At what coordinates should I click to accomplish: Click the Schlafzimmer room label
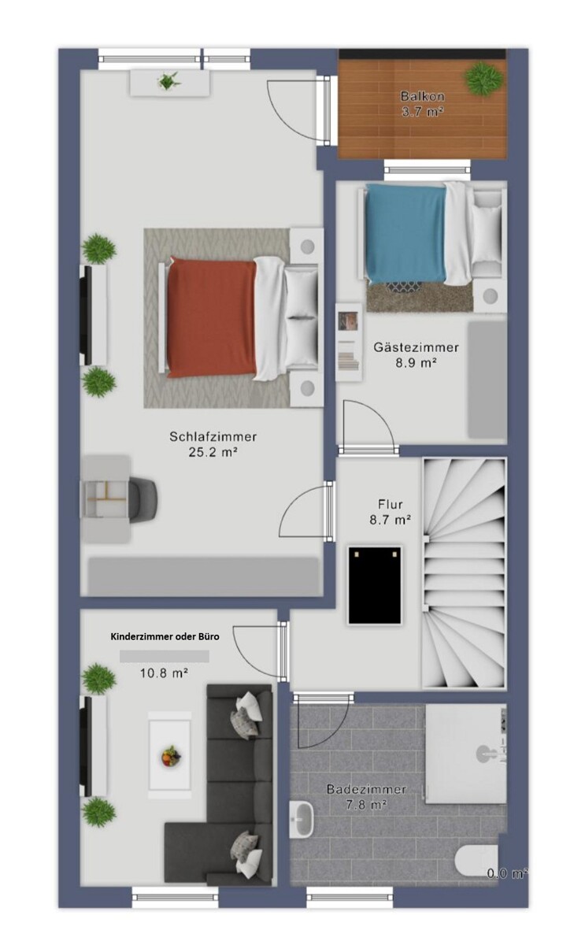pos(213,436)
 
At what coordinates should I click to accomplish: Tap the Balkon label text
pos(422,96)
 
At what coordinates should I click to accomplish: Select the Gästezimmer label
pos(416,347)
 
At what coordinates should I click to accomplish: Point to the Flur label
pos(391,504)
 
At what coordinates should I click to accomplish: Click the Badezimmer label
pos(366,789)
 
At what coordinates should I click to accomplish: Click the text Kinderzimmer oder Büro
pos(165,636)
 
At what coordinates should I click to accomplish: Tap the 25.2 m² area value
pos(213,452)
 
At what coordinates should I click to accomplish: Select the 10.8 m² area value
pos(164,673)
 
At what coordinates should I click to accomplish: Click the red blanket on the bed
pos(212,318)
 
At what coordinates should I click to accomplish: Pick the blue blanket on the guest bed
pos(405,233)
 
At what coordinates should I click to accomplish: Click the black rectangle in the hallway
pos(374,584)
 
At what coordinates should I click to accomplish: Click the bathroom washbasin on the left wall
pos(302,819)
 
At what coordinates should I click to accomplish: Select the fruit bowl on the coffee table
pos(172,755)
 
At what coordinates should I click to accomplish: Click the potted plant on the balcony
pos(483,79)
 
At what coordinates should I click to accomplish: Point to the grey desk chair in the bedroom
pos(143,499)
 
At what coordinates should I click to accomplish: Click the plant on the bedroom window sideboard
pos(169,80)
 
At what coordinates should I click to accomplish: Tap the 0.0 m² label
pos(506,873)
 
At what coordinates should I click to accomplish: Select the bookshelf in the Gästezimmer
pos(348,343)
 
